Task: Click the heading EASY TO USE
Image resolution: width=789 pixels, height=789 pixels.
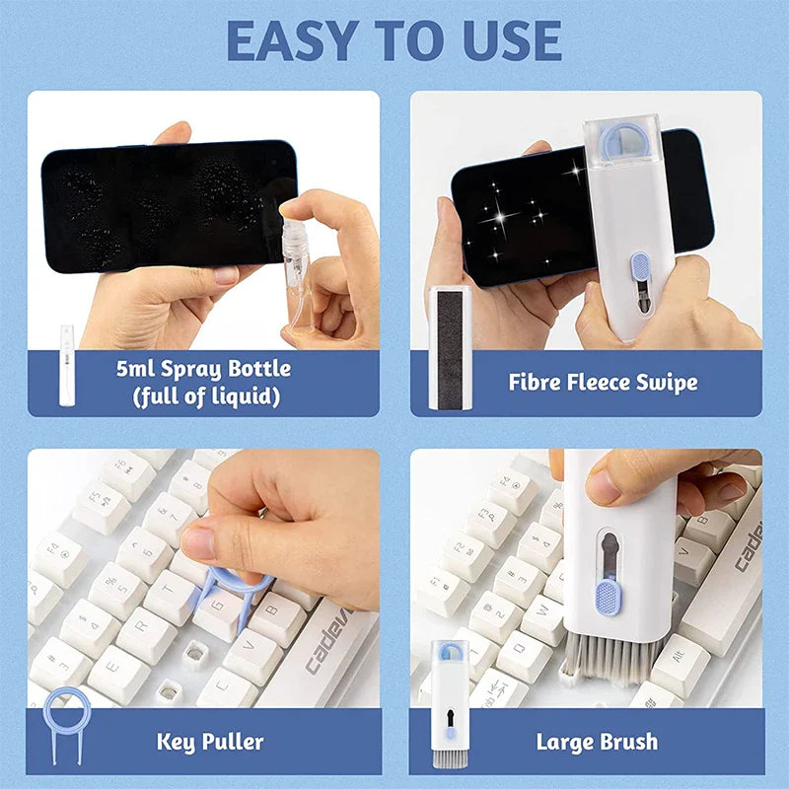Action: click(394, 41)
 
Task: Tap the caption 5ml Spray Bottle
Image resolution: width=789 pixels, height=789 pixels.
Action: click(202, 369)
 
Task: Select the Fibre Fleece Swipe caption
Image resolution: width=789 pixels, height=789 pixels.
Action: click(602, 382)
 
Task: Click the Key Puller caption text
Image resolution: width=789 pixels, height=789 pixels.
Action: click(210, 741)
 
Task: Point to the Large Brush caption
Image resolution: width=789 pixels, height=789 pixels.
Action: click(597, 741)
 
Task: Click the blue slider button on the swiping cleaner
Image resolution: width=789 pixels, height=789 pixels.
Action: click(640, 267)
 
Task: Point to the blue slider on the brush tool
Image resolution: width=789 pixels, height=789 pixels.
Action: click(608, 595)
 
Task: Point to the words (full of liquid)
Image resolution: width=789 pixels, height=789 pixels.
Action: click(202, 396)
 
